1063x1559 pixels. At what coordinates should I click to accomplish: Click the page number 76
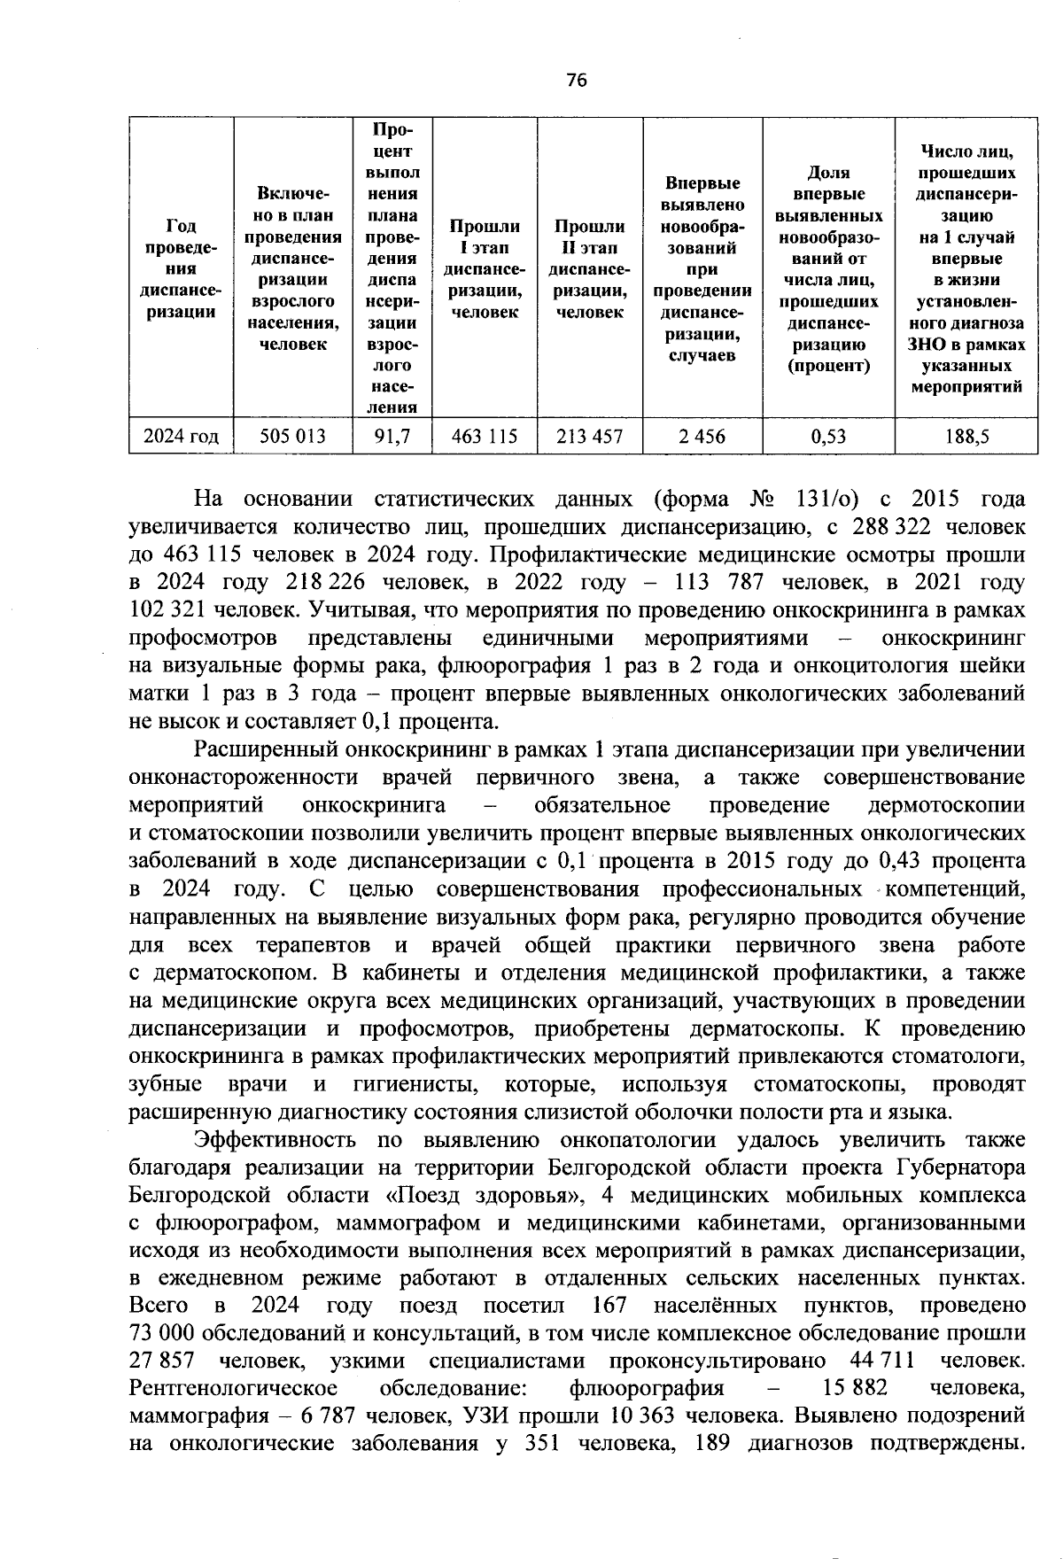coord(576,81)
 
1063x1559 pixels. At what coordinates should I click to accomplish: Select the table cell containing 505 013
coord(292,436)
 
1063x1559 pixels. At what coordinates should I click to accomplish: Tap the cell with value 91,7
coord(392,436)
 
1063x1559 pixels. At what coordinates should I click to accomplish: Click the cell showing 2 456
coord(702,436)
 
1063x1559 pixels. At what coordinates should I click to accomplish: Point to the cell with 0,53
coord(828,436)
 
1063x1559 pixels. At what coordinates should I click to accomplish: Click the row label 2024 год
coord(181,436)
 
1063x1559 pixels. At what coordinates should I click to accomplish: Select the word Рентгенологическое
coord(233,1388)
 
